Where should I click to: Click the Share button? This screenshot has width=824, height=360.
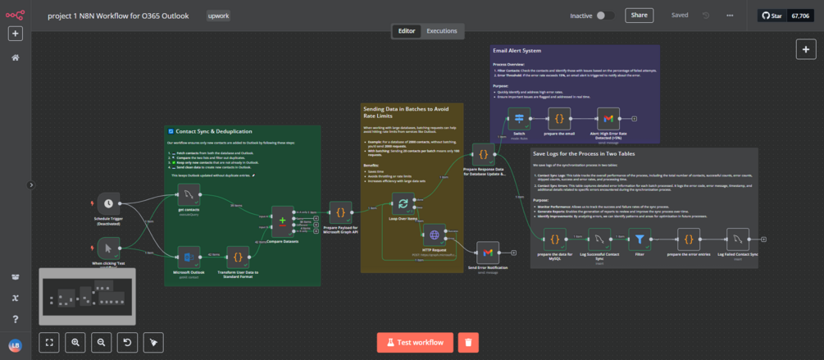tap(639, 15)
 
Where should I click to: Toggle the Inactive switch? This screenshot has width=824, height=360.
tap(605, 16)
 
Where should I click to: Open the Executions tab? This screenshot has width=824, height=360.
tap(442, 31)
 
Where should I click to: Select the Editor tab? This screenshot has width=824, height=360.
tap(407, 31)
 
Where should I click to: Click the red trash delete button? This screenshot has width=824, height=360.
tap(467, 342)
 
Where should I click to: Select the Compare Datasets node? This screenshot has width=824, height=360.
tap(283, 221)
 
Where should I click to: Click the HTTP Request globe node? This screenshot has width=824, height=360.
tap(434, 235)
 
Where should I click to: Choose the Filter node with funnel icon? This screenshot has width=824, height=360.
tap(639, 239)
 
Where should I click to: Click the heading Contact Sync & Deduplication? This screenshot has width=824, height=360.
tap(213, 131)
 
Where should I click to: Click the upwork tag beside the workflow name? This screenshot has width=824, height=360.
tap(219, 16)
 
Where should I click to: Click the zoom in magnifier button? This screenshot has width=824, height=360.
tap(75, 342)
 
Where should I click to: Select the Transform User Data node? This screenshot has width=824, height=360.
tap(237, 255)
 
